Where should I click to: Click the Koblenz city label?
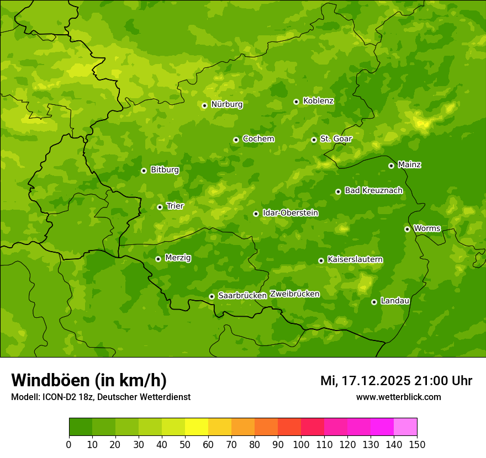(318, 101)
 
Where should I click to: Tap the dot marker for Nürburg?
(204, 105)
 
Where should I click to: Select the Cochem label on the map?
(258, 139)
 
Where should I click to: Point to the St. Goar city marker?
(314, 140)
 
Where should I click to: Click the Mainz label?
(409, 165)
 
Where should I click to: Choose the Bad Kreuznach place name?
(373, 190)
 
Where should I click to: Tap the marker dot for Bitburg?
(144, 171)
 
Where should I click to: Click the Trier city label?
(175, 206)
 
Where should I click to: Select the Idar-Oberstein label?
(290, 213)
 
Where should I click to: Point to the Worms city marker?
(407, 229)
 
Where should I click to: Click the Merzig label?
(178, 258)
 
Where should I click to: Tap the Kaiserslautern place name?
(355, 259)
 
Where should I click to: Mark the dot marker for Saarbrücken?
(212, 296)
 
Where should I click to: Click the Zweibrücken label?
(294, 294)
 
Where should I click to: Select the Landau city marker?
(374, 302)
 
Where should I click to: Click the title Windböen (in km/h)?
(89, 380)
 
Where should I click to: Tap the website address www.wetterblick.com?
(398, 397)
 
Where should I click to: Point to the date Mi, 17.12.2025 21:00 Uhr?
(396, 381)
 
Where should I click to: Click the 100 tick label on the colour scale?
(301, 444)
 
